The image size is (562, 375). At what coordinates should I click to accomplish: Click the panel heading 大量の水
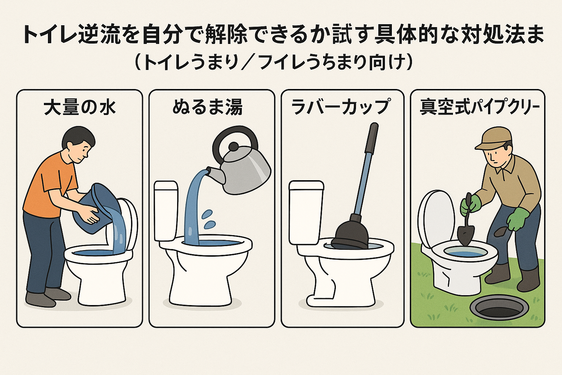click(80, 108)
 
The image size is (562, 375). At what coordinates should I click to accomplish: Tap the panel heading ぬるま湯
click(207, 108)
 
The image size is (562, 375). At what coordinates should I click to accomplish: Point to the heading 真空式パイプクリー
click(480, 108)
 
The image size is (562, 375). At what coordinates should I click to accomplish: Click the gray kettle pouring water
click(245, 172)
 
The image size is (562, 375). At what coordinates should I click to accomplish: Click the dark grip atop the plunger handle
click(371, 137)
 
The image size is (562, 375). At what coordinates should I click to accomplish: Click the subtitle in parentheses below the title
click(274, 63)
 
